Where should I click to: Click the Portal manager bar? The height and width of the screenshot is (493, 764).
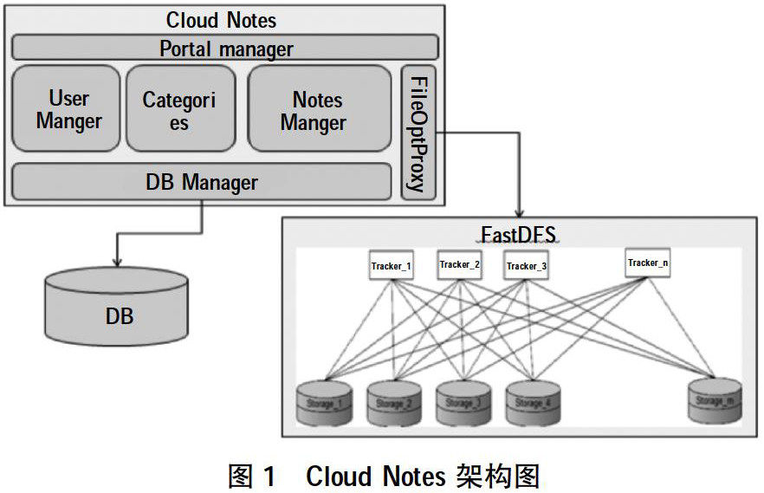[225, 49]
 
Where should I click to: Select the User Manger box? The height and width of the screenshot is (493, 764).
[67, 109]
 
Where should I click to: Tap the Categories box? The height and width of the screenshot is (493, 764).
[178, 109]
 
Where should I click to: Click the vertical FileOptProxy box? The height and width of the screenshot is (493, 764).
[418, 133]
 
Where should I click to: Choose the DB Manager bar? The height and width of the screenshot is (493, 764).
[201, 182]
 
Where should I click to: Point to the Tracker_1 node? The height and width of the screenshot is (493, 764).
[391, 266]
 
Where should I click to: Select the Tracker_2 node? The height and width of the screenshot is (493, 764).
[459, 264]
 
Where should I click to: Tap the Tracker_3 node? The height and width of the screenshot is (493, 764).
[526, 266]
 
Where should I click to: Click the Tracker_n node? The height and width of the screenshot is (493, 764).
[647, 263]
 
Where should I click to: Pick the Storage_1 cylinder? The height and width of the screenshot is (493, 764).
[324, 403]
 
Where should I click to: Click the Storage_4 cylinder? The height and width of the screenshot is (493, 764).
[531, 403]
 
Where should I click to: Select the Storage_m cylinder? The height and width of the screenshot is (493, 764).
[715, 401]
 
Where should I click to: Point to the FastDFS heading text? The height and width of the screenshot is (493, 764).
[518, 234]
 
